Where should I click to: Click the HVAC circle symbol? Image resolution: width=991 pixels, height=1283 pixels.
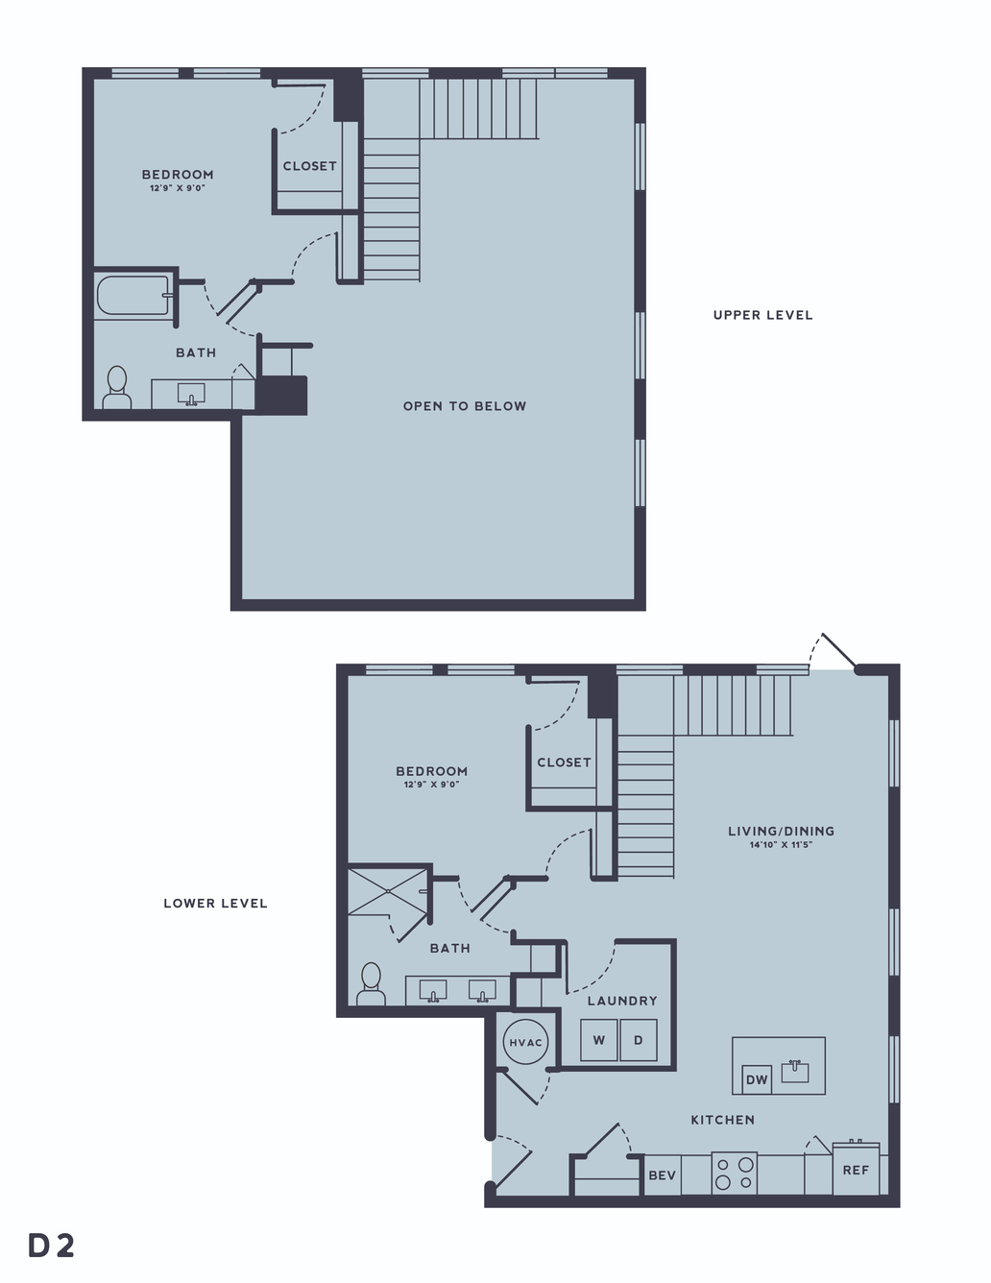click(x=525, y=1042)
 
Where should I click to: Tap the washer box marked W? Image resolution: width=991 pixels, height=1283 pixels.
click(x=598, y=1040)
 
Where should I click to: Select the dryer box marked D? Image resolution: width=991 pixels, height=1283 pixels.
click(x=638, y=1040)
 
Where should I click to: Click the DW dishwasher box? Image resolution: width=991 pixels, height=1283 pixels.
click(x=757, y=1080)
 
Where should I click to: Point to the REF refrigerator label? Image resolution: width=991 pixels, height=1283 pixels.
click(x=856, y=1171)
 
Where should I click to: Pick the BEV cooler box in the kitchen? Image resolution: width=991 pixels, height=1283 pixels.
click(x=663, y=1174)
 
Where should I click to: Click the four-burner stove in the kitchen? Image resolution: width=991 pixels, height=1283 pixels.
click(x=735, y=1174)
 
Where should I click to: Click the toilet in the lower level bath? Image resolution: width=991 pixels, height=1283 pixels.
click(x=371, y=984)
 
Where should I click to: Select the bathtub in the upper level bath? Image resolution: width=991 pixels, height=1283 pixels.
click(x=135, y=296)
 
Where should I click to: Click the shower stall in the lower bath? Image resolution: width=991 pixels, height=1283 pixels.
click(x=388, y=891)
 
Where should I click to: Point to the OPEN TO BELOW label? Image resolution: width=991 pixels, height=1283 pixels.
click(x=465, y=406)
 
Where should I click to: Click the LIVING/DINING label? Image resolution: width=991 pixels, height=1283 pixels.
click(x=781, y=832)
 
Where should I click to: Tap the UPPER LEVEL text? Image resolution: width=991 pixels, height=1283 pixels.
click(x=763, y=315)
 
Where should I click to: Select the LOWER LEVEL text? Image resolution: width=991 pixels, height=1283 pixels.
click(x=215, y=904)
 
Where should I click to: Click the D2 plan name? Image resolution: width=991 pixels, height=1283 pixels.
click(x=51, y=1246)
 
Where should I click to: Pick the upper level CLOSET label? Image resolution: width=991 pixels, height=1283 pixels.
click(x=310, y=166)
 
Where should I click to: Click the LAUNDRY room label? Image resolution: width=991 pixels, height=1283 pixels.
click(x=622, y=1001)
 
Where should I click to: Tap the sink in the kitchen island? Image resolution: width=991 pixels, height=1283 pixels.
click(x=795, y=1071)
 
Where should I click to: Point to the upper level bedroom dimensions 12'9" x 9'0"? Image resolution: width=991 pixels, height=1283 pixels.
click(x=178, y=188)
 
